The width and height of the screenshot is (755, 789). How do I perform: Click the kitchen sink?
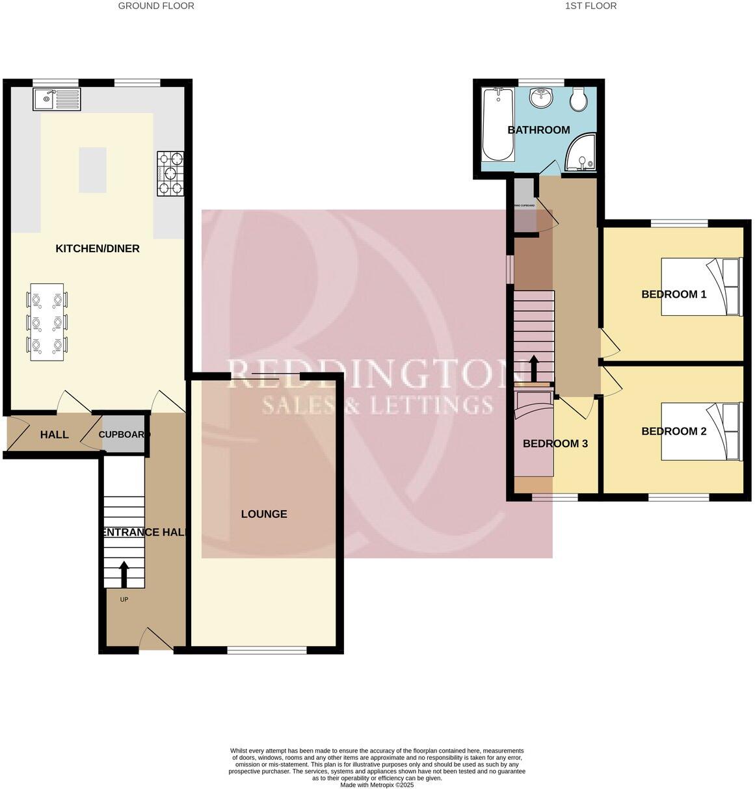[56, 99]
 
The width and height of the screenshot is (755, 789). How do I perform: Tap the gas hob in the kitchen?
[170, 174]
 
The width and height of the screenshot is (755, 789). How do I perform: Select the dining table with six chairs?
[47, 322]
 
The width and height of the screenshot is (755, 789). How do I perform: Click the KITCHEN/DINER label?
[98, 249]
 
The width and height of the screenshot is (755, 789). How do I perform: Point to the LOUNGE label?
[264, 514]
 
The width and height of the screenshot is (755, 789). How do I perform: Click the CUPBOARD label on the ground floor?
[124, 434]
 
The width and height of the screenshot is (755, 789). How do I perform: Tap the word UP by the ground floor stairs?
[124, 599]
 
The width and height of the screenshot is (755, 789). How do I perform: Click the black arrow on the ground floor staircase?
[124, 573]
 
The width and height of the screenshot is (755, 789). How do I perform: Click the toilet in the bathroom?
[577, 99]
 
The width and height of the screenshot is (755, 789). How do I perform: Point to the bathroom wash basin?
[541, 98]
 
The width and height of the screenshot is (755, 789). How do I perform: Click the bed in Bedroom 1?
[701, 287]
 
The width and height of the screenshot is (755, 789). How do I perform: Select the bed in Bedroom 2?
[701, 432]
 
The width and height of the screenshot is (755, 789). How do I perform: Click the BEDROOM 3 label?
[555, 444]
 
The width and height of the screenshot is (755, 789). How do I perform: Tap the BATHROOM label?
[538, 130]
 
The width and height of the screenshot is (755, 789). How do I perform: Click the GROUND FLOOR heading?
[156, 6]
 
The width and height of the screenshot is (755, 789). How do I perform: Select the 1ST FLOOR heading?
[590, 6]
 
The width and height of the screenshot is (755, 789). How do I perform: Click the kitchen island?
[92, 170]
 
